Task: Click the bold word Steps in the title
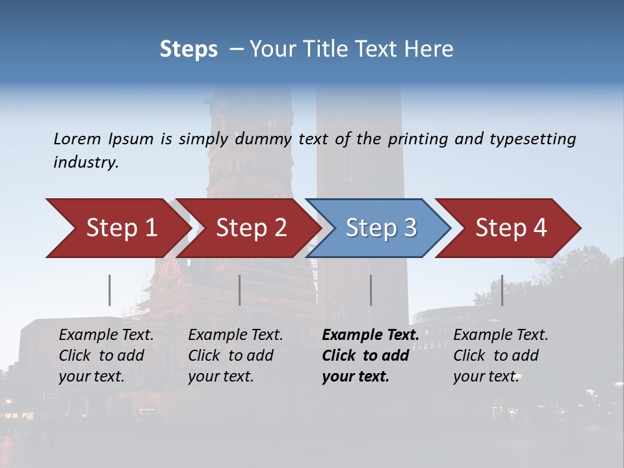pyautogui.click(x=188, y=49)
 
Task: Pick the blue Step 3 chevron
pyautogui.click(x=380, y=228)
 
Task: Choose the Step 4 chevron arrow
pyautogui.click(x=510, y=228)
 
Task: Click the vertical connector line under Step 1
pyautogui.click(x=110, y=290)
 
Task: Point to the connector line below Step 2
pyautogui.click(x=240, y=290)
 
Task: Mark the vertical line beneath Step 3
pyautogui.click(x=370, y=290)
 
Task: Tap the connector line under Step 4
pyautogui.click(x=502, y=290)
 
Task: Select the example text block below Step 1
pyautogui.click(x=106, y=355)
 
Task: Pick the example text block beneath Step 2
pyautogui.click(x=235, y=355)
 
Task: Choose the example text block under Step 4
pyautogui.click(x=500, y=355)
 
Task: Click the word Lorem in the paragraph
pyautogui.click(x=77, y=138)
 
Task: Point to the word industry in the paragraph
pyautogui.click(x=86, y=162)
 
